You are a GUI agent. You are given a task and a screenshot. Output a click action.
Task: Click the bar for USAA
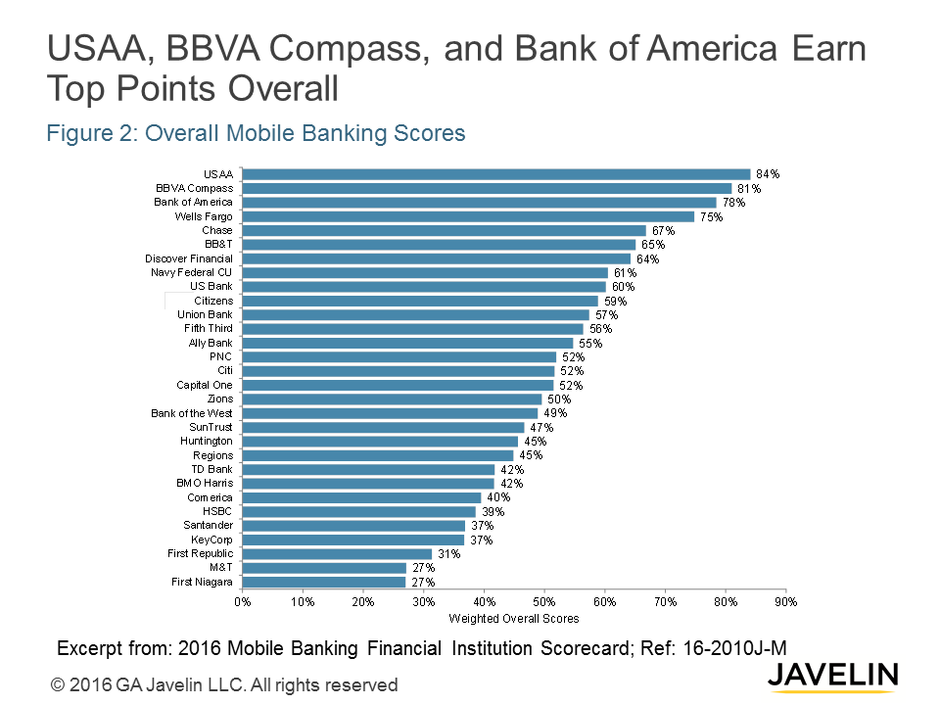495,174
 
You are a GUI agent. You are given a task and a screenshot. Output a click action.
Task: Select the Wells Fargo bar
468,216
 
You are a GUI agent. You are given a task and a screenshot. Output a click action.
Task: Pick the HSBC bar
358,512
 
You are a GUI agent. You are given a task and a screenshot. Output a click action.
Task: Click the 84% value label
768,174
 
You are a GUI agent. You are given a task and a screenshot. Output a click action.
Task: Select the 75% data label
711,216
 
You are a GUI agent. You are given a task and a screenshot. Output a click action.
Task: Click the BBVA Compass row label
194,188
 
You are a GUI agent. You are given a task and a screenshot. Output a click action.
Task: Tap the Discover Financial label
189,258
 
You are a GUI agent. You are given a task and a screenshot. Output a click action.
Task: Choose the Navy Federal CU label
191,272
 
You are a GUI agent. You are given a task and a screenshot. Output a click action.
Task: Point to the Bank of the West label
192,413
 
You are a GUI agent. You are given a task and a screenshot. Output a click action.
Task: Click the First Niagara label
201,583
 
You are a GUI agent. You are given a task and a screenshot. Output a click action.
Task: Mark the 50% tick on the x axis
544,602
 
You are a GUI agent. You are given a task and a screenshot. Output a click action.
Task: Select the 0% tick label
242,602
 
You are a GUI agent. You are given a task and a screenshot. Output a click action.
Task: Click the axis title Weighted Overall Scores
513,619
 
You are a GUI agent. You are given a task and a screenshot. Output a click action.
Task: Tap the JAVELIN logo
832,676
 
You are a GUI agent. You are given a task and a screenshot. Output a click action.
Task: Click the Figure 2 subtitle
256,133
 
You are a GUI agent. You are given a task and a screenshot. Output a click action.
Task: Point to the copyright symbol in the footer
58,685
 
